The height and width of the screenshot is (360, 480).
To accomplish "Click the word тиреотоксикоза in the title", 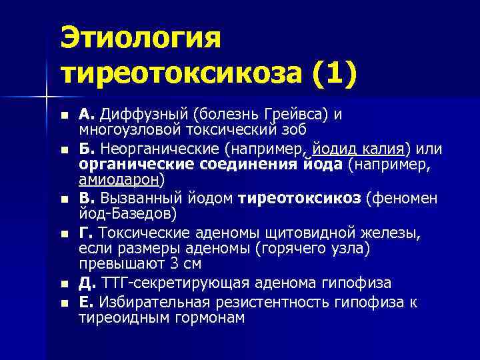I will click(x=181, y=73).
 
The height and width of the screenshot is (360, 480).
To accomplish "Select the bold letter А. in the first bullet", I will click(x=87, y=114).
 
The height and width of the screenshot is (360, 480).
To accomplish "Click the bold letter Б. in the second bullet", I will click(x=87, y=147).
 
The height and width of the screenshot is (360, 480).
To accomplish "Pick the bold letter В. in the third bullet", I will click(x=87, y=198).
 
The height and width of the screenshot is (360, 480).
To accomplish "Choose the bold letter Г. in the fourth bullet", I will click(x=86, y=232).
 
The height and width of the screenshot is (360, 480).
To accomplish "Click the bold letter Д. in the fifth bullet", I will click(x=87, y=282).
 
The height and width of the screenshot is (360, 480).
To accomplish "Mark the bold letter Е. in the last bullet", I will click(x=86, y=302).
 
